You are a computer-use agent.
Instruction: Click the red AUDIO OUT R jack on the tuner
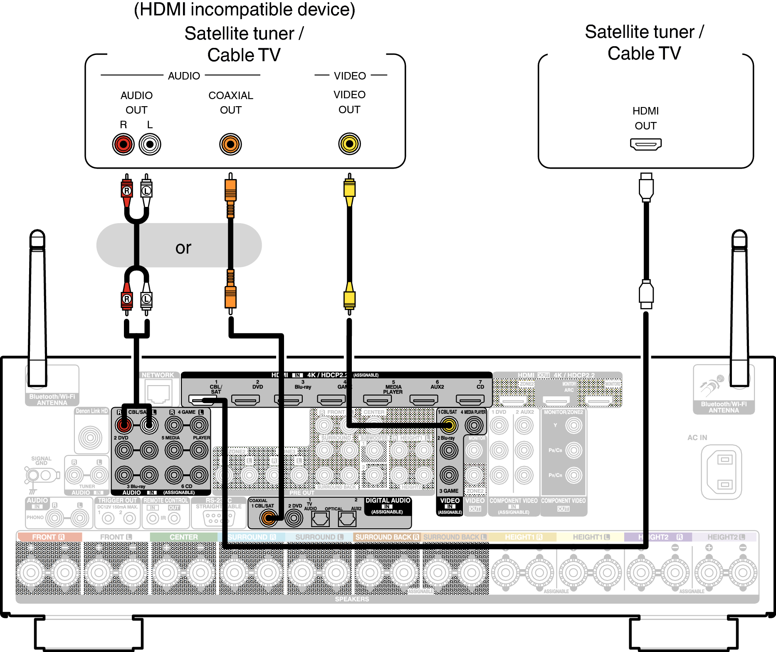click(x=123, y=144)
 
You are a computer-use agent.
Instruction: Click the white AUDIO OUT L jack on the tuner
click(x=150, y=144)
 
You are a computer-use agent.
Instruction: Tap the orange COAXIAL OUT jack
click(x=230, y=144)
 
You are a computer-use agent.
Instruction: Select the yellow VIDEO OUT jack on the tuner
click(x=349, y=144)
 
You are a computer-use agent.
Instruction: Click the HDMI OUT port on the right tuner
click(x=645, y=144)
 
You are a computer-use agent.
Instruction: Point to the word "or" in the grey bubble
click(x=183, y=248)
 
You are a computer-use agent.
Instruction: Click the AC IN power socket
click(x=721, y=472)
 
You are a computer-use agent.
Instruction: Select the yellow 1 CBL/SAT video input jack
click(x=449, y=425)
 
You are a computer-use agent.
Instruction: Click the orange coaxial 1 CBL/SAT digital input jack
click(x=268, y=518)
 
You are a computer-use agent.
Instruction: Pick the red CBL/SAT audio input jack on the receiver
click(x=124, y=425)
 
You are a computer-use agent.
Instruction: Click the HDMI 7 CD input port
click(x=470, y=400)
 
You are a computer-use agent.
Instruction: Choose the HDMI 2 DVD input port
click(x=245, y=400)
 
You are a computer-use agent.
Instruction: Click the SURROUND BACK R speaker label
click(x=387, y=537)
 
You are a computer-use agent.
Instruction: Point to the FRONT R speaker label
click(x=48, y=537)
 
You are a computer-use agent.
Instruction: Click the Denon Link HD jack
click(x=90, y=437)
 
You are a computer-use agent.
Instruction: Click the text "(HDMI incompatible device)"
click(x=245, y=10)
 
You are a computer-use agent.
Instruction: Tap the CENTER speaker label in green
click(x=183, y=537)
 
